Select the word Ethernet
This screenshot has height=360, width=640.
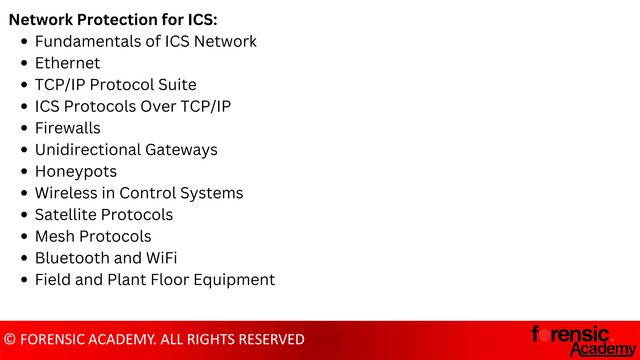tap(67, 63)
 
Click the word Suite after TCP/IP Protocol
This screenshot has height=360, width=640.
tap(177, 85)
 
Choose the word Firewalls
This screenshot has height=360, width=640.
tap(67, 128)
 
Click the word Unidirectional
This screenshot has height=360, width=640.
tap(88, 150)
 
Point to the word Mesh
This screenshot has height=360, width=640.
tap(55, 236)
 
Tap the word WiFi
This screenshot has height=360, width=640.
tap(162, 258)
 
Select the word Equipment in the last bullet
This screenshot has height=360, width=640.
tap(234, 280)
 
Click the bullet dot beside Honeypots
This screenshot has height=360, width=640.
tap(24, 171)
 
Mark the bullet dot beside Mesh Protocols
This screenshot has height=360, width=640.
tap(24, 236)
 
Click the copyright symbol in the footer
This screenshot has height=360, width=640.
tap(10, 339)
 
